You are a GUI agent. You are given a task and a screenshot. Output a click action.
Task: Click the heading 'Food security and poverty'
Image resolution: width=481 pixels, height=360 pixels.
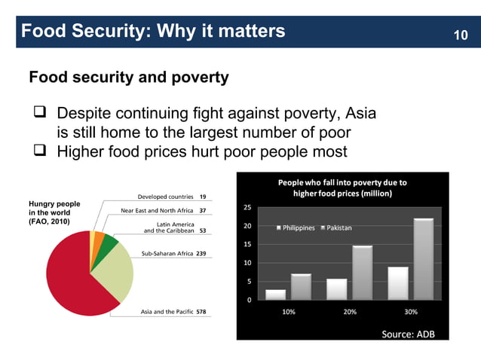(x=128, y=78)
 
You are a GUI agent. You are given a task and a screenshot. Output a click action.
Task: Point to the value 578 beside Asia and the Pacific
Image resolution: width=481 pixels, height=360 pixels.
(x=201, y=311)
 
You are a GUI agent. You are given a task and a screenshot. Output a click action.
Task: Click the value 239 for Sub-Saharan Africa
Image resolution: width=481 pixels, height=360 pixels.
(x=201, y=254)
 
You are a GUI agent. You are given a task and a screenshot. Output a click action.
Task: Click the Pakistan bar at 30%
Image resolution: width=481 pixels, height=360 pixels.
(x=423, y=259)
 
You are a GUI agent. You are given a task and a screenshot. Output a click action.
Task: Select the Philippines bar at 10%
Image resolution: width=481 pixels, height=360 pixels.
(x=276, y=294)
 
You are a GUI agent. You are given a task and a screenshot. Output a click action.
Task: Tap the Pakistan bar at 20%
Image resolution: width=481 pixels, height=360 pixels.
(x=362, y=273)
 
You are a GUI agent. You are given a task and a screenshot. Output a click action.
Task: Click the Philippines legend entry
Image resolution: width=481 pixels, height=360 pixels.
(x=296, y=228)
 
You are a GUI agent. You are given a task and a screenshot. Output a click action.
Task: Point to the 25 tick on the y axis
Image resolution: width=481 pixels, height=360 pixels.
(x=248, y=208)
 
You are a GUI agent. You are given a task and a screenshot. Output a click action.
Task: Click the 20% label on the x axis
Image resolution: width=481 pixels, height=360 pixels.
(x=350, y=312)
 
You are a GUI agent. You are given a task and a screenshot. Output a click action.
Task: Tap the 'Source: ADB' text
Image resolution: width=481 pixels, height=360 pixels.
(x=408, y=334)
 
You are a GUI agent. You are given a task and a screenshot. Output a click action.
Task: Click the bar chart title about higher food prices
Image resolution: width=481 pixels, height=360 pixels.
(x=342, y=188)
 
